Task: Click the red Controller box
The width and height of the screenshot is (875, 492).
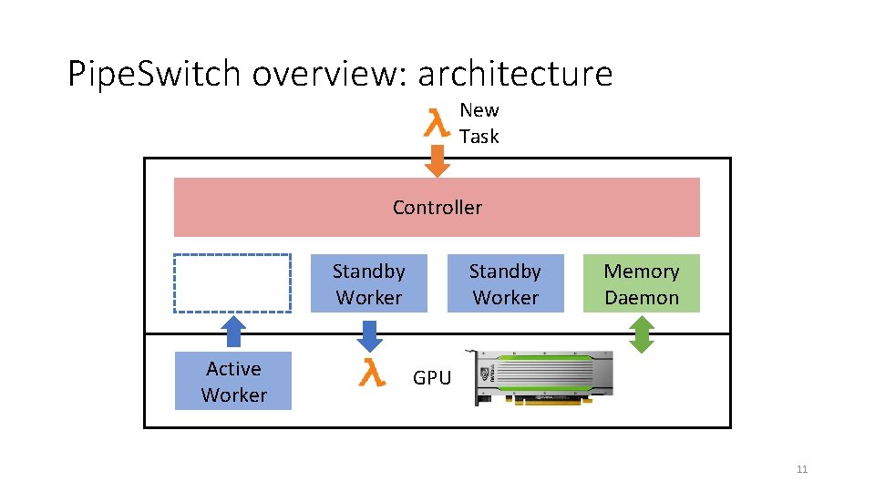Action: click(x=437, y=207)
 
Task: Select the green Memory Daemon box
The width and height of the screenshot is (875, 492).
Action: click(x=641, y=283)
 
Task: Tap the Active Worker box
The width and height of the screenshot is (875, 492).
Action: click(x=233, y=381)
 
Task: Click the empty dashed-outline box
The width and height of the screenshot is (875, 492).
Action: click(x=232, y=283)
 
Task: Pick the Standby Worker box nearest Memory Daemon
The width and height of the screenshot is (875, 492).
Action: click(x=505, y=283)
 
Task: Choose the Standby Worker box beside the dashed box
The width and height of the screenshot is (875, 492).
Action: click(x=368, y=283)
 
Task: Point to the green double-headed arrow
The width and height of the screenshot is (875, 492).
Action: click(x=643, y=333)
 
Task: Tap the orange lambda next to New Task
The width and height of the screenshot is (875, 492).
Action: click(x=437, y=122)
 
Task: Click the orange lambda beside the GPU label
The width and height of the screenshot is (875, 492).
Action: click(x=371, y=374)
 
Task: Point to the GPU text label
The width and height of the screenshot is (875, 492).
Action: click(x=431, y=377)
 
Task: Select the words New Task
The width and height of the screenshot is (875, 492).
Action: click(x=479, y=123)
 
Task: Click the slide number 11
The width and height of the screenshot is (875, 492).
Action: click(x=802, y=469)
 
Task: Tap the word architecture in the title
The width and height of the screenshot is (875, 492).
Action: click(x=516, y=73)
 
